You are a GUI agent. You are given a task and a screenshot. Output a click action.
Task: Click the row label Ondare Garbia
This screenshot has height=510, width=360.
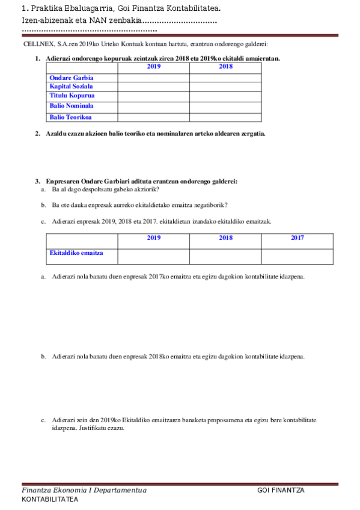pos(72,78)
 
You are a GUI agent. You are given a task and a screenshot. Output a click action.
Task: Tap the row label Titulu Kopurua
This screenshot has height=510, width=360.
pos(72,96)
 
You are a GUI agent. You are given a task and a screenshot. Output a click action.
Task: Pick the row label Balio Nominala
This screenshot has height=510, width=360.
pos(72,106)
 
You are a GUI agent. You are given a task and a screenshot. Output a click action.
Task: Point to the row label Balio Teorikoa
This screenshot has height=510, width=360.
pos(71,117)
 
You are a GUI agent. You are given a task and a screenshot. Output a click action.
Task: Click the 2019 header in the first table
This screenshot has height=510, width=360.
pos(153,67)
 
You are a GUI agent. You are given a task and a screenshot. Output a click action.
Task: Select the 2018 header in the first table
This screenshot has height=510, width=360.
pos(225,67)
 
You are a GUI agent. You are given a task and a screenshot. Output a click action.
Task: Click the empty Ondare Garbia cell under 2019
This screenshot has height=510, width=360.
pos(153,78)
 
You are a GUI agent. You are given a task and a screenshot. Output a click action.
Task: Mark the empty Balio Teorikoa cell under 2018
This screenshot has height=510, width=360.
pos(225,117)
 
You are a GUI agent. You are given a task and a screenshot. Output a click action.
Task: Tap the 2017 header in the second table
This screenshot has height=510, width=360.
pos(297,238)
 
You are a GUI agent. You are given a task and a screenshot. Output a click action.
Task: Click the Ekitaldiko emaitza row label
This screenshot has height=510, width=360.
pos(76,253)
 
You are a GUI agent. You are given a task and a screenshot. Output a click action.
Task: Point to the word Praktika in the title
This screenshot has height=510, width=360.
pos(45,9)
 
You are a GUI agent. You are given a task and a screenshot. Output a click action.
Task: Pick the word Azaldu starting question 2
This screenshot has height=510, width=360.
pos(56,134)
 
